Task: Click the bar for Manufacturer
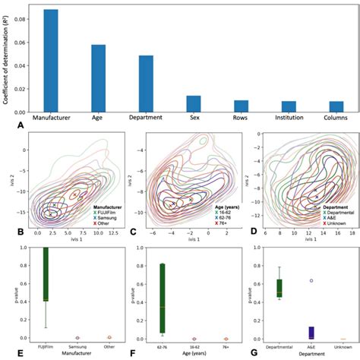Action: pos(51,61)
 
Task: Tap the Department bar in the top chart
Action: pos(146,84)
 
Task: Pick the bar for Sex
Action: pos(194,104)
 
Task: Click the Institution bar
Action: pos(289,106)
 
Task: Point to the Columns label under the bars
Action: pos(336,119)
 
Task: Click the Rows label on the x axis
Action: pos(242,119)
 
